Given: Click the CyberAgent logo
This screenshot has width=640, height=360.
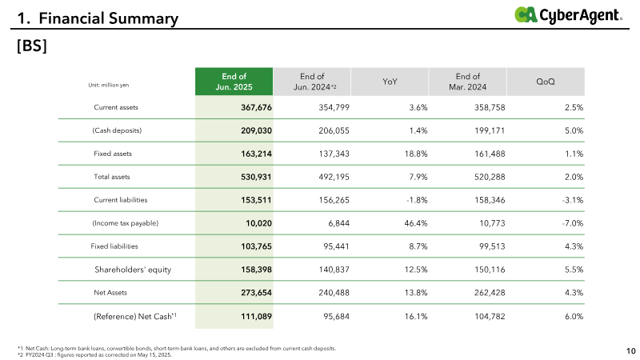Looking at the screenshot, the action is [568, 15].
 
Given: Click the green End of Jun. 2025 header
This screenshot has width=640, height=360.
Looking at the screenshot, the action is [234, 82].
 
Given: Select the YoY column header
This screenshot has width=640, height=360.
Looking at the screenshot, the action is [390, 82].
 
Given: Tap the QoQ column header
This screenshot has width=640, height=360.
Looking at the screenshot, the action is [546, 82].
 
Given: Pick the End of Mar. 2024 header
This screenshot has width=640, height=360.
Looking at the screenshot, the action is [468, 82].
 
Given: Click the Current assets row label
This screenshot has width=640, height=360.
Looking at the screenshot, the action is [116, 107].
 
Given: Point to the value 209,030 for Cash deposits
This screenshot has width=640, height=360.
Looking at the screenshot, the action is [256, 130].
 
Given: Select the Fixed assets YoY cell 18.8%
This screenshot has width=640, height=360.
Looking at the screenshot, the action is [416, 154].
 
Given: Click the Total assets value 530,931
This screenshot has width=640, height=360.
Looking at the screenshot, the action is [256, 177].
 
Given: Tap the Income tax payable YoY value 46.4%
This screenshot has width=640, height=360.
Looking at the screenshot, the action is [416, 223].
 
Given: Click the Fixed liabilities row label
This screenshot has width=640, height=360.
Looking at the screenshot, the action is [114, 246].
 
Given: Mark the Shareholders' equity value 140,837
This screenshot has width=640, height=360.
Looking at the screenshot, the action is [334, 270].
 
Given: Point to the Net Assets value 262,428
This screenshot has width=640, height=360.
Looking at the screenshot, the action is [490, 293].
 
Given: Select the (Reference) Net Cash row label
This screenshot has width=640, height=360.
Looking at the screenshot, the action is [135, 316].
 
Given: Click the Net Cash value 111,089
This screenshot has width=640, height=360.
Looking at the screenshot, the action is [256, 316].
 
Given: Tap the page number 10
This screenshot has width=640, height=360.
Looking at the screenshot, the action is [631, 351].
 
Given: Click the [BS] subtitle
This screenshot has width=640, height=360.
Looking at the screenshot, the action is [32, 46].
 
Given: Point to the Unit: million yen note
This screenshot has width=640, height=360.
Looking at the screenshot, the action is [109, 85].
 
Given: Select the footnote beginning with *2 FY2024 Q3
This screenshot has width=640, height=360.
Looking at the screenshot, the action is [94, 354].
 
